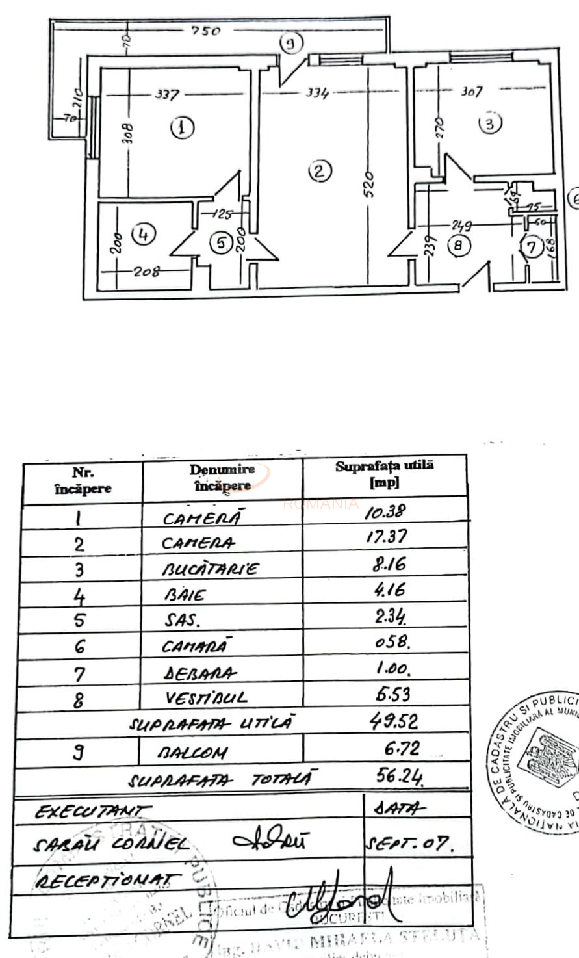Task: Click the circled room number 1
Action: pyautogui.click(x=182, y=127)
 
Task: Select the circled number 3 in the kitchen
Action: pyautogui.click(x=490, y=123)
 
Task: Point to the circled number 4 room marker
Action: pyautogui.click(x=144, y=234)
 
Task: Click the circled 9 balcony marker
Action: pyautogui.click(x=291, y=44)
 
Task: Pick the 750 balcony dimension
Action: pyautogui.click(x=206, y=31)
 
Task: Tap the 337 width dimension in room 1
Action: pyautogui.click(x=167, y=95)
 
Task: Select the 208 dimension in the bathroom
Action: pyautogui.click(x=147, y=271)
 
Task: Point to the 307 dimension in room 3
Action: pyautogui.click(x=471, y=92)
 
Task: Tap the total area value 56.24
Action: pyautogui.click(x=399, y=775)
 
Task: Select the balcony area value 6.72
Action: pyautogui.click(x=402, y=749)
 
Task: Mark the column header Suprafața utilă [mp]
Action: pyautogui.click(x=385, y=474)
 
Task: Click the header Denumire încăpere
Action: pyautogui.click(x=222, y=477)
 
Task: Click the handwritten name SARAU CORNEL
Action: pyautogui.click(x=111, y=845)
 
